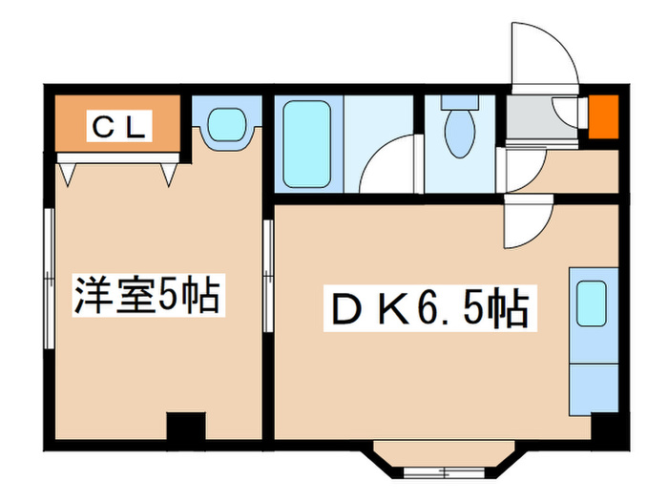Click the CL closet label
[x=117, y=124]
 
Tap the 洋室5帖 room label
[x=148, y=297]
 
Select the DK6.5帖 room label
[x=428, y=307]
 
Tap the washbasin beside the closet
[x=227, y=124]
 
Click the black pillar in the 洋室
[x=186, y=427]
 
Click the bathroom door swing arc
[x=391, y=164]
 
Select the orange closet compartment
[x=117, y=125]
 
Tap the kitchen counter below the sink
[x=592, y=383]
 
